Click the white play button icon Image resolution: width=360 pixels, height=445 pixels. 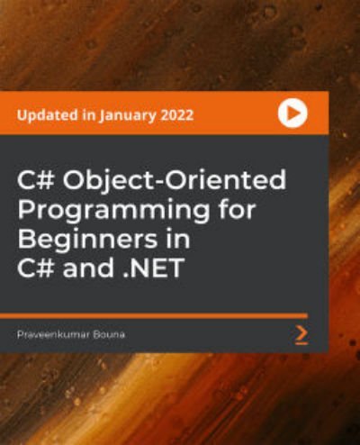(x=292, y=114)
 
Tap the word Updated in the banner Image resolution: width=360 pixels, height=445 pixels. (x=47, y=115)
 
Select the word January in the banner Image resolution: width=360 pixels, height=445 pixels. (x=128, y=116)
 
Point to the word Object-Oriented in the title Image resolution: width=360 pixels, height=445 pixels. (x=175, y=181)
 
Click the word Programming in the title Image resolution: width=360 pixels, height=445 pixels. (x=114, y=211)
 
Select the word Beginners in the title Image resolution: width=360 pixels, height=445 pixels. (x=87, y=240)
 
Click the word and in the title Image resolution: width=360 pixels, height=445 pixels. (x=88, y=267)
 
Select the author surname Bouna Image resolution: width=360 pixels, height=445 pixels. (x=109, y=334)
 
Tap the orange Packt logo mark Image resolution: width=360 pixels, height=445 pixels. (x=301, y=334)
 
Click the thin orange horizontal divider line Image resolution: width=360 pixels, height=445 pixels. (x=154, y=315)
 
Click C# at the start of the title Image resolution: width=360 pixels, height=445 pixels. (x=37, y=180)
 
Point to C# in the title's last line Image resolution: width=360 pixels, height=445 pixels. (x=37, y=268)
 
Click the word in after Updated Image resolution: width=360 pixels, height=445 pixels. (x=88, y=115)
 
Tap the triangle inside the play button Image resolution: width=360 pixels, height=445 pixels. (x=293, y=114)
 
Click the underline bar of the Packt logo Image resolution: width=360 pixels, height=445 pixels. (x=301, y=342)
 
